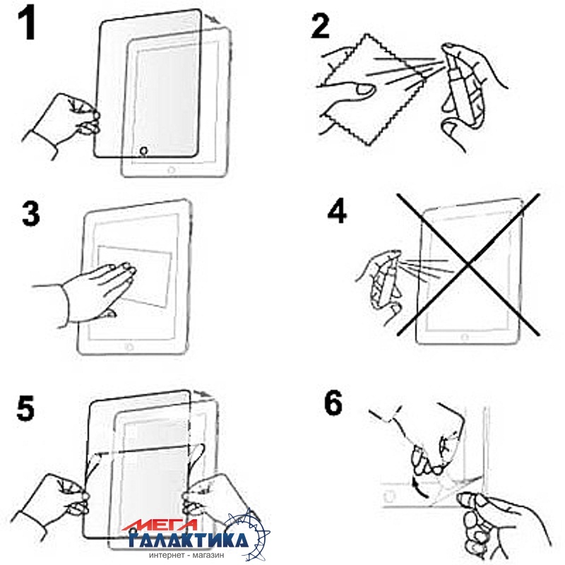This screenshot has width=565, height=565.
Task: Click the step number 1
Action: click(x=26, y=23)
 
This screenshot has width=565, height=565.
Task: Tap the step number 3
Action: click(x=30, y=213)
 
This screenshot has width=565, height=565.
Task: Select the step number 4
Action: click(x=337, y=212)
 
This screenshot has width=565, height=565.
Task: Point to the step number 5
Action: click(x=25, y=408)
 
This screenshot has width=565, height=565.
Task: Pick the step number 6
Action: click(x=333, y=403)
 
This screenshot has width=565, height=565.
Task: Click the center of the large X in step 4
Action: click(x=468, y=265)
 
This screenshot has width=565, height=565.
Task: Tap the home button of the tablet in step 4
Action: click(x=465, y=338)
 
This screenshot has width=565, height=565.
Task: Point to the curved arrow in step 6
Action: click(x=420, y=487)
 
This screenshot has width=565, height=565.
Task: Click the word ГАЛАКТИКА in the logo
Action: click(x=189, y=540)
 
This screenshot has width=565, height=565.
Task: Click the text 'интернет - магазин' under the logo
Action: click(x=186, y=555)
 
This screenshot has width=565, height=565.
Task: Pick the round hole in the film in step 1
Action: click(x=144, y=150)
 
